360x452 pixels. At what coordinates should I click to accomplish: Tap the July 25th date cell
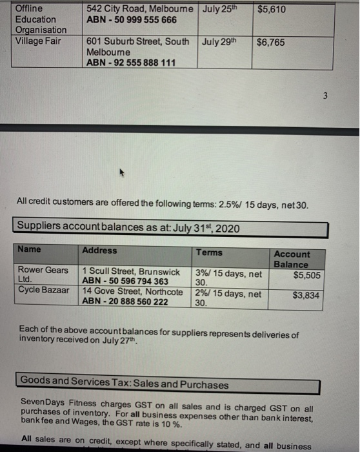click(x=220, y=9)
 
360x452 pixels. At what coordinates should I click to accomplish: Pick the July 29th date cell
click(x=220, y=42)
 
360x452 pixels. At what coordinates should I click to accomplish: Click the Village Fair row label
click(x=38, y=41)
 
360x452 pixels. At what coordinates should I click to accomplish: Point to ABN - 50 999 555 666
click(x=131, y=20)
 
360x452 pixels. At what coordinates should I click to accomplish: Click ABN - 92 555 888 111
click(x=132, y=63)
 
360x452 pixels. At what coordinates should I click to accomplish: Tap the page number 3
click(x=326, y=96)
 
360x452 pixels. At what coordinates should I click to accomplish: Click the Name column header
click(x=29, y=250)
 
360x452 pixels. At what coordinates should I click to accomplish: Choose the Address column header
click(x=100, y=251)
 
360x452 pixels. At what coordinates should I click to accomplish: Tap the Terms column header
click(x=209, y=252)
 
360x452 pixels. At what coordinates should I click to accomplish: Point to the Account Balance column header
click(x=292, y=259)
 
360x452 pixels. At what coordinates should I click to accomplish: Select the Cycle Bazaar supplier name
click(x=43, y=291)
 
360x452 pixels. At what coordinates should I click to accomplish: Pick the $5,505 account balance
click(x=307, y=276)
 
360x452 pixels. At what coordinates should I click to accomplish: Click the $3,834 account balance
click(x=307, y=296)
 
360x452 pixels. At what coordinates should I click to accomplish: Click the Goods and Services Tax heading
click(x=125, y=385)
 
